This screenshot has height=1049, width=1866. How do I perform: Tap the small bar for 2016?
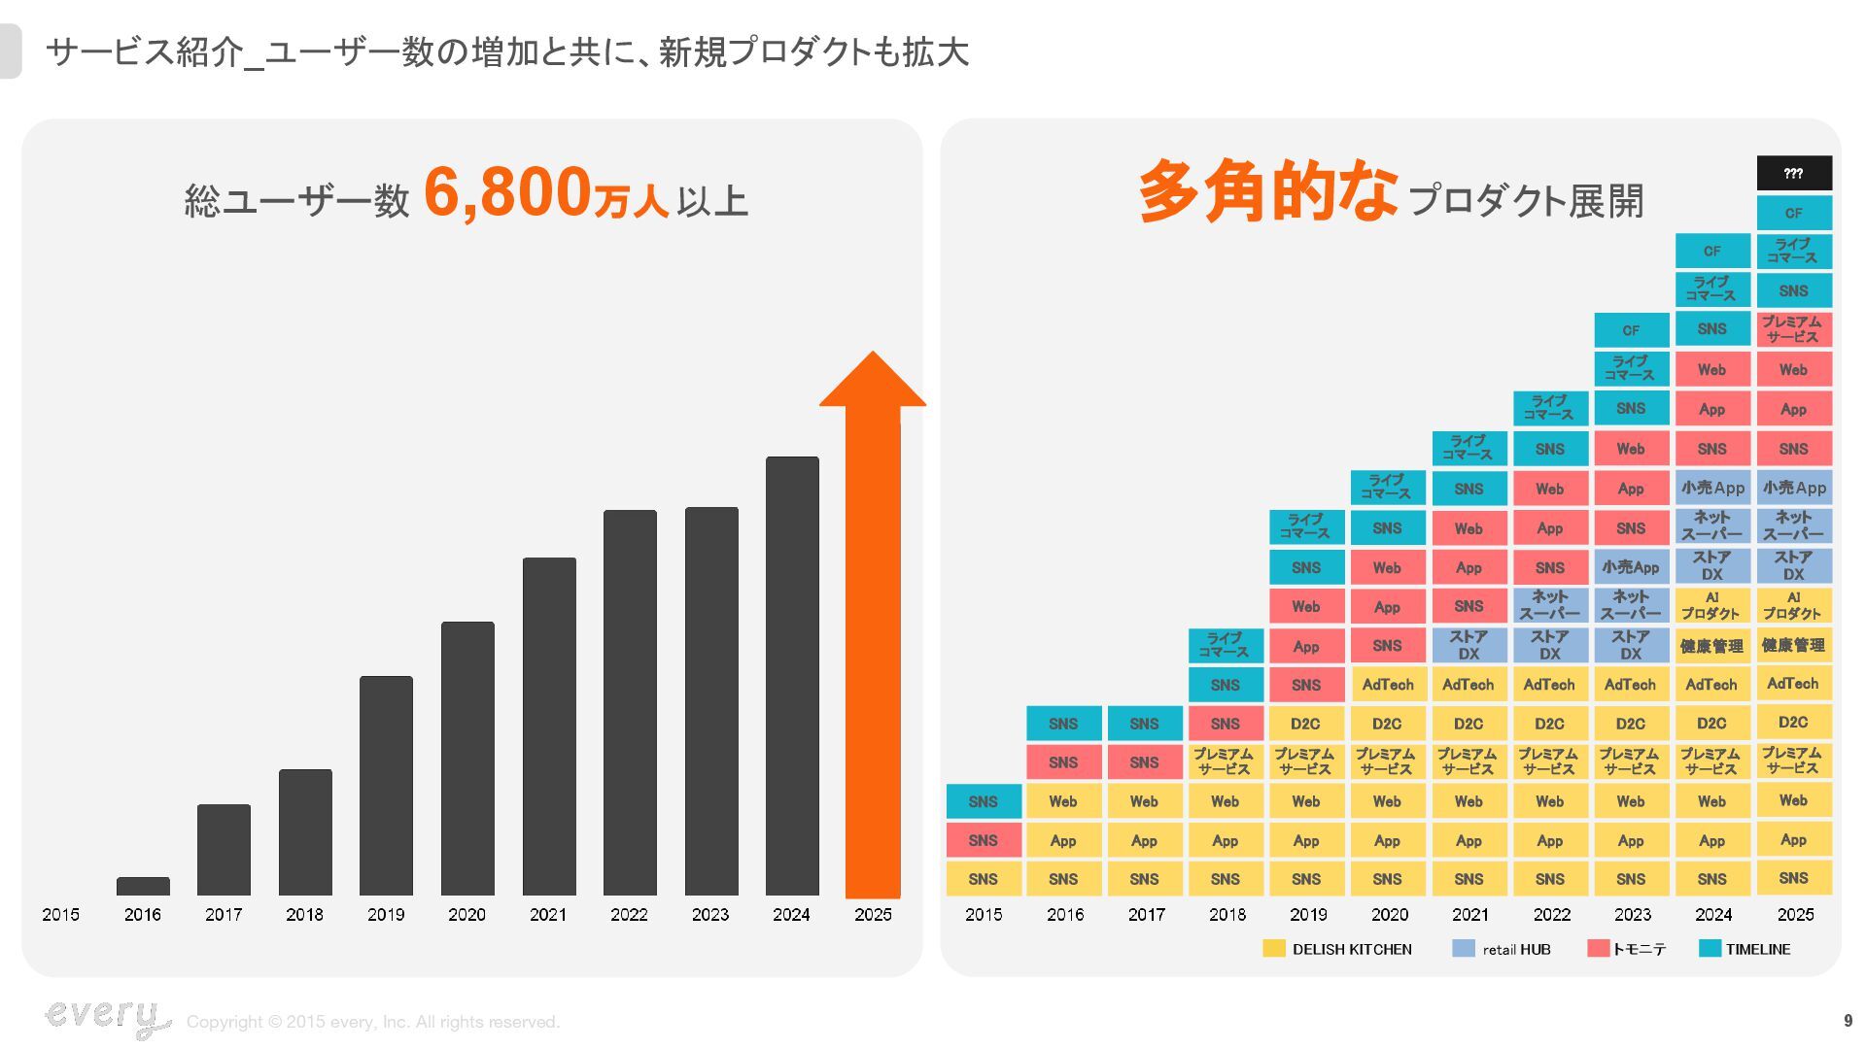(143, 886)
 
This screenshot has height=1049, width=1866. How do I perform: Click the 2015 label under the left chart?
(60, 914)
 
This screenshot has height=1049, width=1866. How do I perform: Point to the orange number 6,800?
(507, 191)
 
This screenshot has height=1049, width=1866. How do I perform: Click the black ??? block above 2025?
(1793, 173)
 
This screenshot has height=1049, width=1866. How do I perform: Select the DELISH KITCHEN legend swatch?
(1273, 949)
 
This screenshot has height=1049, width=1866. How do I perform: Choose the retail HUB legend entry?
(1502, 949)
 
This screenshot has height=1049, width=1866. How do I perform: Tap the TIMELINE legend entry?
(1745, 949)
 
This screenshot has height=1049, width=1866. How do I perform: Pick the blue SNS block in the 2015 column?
(984, 801)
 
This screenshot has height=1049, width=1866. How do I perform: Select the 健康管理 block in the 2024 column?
(1711, 646)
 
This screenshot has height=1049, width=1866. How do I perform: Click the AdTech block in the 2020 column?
(1388, 685)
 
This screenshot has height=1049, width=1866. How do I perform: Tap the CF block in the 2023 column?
(1631, 330)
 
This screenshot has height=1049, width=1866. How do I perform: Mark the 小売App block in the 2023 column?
(1631, 567)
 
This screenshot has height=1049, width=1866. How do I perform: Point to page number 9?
(1848, 1021)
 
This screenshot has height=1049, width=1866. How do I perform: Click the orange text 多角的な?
(1267, 191)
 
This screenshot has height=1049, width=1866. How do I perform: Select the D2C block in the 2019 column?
(1306, 724)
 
